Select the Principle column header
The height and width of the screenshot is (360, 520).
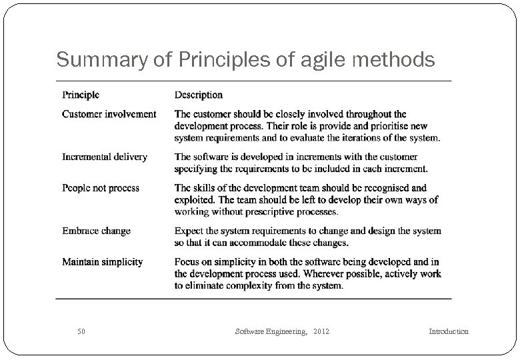point(81,95)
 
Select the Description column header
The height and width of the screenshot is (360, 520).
point(199,95)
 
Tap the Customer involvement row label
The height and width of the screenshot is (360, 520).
point(109,114)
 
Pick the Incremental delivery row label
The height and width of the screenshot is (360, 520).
point(105,157)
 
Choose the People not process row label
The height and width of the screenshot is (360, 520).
point(101,188)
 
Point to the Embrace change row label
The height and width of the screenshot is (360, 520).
point(96,231)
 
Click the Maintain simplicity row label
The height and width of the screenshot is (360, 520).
point(102,262)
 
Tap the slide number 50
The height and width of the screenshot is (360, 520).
point(81,331)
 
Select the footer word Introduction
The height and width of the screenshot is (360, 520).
point(448,331)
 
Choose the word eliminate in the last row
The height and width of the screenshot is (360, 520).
point(208,286)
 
